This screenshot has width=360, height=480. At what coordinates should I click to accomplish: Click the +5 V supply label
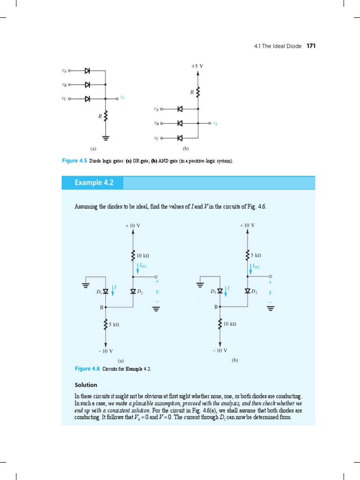click(197, 66)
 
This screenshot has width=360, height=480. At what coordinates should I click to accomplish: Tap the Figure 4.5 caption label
click(75, 161)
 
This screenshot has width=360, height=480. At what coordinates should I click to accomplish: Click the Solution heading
click(86, 385)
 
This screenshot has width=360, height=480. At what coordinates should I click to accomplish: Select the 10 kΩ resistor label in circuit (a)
click(143, 255)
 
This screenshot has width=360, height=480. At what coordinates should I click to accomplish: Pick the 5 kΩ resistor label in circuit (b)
click(256, 255)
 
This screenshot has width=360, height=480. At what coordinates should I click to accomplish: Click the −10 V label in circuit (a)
click(105, 351)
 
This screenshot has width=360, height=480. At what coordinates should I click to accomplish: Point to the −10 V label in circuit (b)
click(219, 350)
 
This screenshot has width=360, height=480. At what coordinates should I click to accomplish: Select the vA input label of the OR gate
click(64, 71)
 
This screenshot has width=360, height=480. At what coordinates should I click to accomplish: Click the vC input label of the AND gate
click(156, 138)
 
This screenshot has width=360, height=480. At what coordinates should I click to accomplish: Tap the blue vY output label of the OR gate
click(122, 97)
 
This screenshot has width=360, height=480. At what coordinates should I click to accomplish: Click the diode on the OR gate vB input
click(87, 85)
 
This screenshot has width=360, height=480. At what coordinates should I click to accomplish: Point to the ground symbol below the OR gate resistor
click(105, 138)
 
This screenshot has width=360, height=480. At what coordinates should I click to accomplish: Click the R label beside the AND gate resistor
click(192, 93)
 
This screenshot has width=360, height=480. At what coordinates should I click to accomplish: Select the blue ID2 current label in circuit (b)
click(255, 266)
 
